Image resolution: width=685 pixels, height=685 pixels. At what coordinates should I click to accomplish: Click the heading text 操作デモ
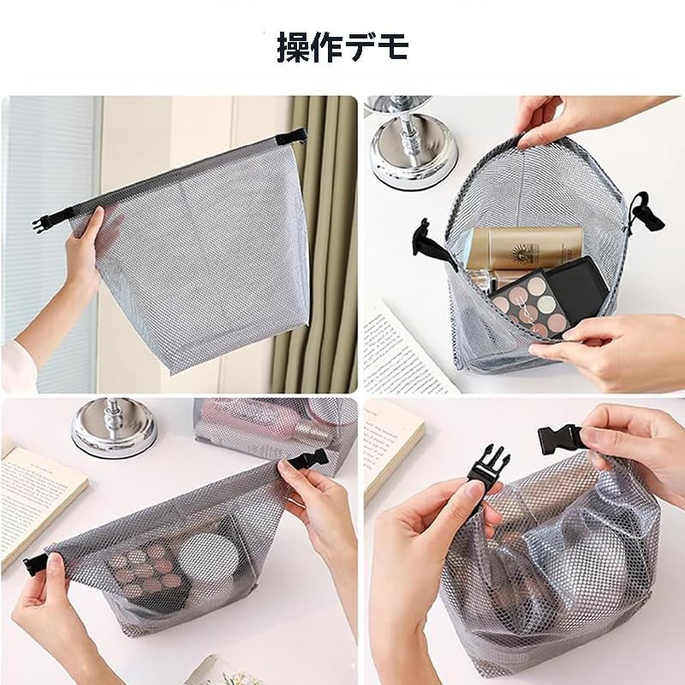342,48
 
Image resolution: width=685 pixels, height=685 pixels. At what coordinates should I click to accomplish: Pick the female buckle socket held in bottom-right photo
562,438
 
